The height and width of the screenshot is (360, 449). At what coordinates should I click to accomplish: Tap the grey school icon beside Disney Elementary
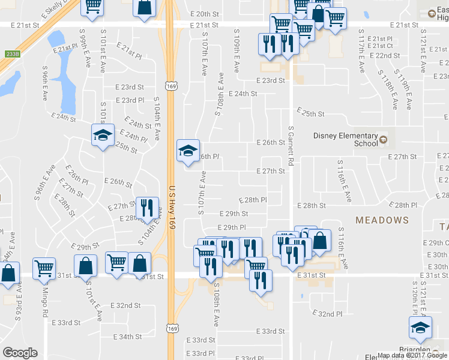pyautogui.click(x=384, y=142)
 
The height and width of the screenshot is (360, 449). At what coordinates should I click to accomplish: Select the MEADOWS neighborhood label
pyautogui.click(x=382, y=220)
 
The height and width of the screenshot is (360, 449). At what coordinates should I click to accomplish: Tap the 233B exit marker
pyautogui.click(x=9, y=54)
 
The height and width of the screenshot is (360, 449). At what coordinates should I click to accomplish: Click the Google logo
pyautogui.click(x=20, y=353)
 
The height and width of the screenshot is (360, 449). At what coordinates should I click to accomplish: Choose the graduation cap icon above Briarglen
pyautogui.click(x=420, y=328)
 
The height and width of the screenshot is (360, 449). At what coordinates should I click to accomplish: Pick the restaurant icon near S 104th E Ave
pyautogui.click(x=147, y=208)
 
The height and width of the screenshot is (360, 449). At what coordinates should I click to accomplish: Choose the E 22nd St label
pyautogui.click(x=385, y=56)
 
